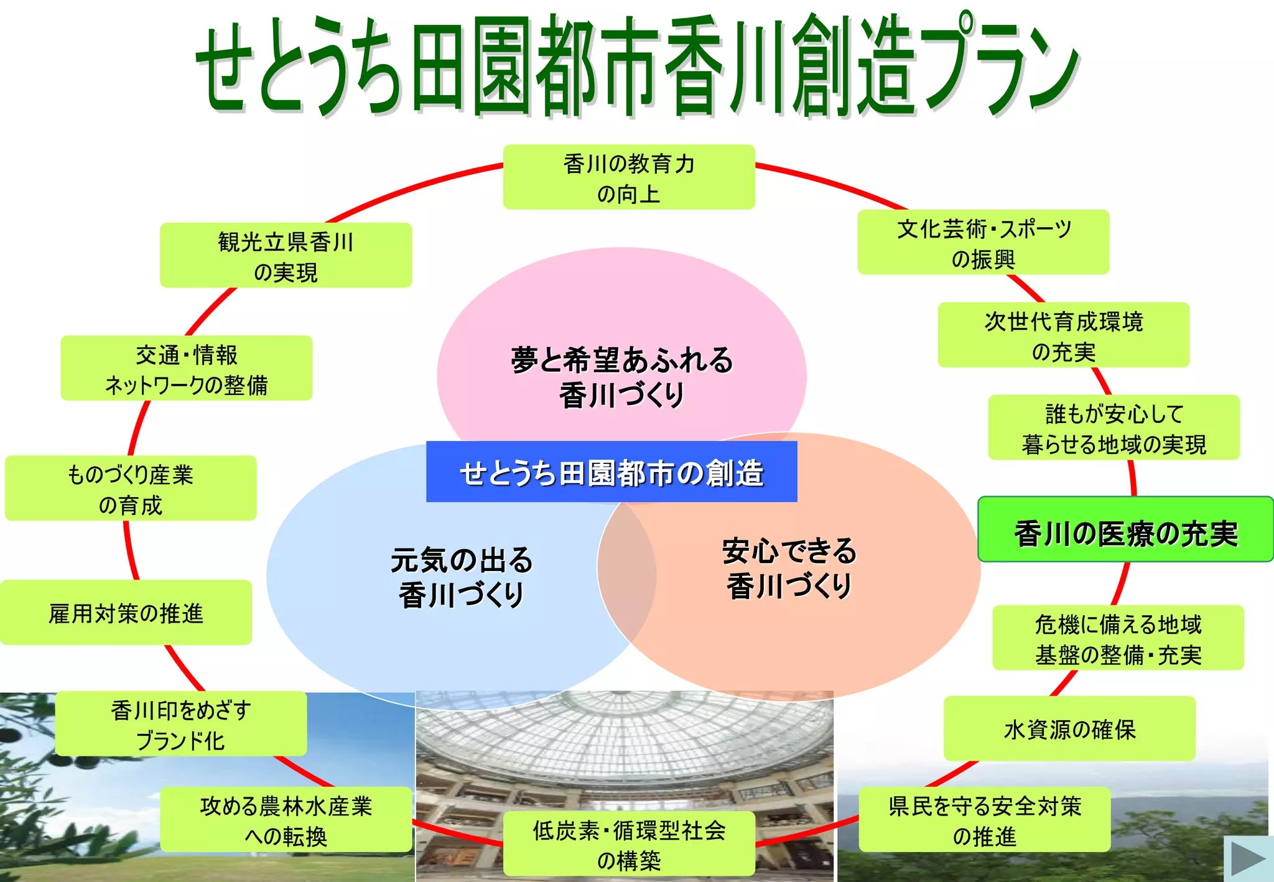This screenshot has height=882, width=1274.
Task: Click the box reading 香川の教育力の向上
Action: coord(629,177)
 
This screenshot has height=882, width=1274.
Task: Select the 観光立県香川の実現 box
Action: coord(286,255)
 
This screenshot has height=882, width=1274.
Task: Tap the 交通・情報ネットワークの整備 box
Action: coord(186,368)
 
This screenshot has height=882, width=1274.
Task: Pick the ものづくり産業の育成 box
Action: coord(131,488)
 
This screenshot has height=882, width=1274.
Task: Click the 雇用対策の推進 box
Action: coord(126,613)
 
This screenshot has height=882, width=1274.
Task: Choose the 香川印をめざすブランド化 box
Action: coord(180,724)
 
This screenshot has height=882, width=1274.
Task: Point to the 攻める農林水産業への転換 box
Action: coord(286,820)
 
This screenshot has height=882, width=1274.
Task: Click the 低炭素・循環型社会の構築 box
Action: coord(629,843)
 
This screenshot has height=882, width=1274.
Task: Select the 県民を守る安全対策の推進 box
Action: coord(984,820)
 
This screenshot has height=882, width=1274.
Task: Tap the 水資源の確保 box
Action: coord(1069,728)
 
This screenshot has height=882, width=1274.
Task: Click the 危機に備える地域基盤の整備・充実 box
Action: coord(1118,638)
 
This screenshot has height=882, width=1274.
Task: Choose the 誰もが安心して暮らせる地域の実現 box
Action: coord(1114,428)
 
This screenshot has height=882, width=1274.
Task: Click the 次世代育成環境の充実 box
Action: coord(1064,335)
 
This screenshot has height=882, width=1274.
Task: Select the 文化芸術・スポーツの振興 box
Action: coord(983,243)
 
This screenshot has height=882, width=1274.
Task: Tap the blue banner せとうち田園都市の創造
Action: coord(611,472)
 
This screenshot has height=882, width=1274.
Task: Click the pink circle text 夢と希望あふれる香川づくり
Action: coord(621,377)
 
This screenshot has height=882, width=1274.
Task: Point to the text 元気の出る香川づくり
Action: coord(461,576)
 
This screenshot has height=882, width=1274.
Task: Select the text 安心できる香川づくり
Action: coord(789,567)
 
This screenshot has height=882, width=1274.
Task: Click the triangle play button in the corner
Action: coord(1248,859)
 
